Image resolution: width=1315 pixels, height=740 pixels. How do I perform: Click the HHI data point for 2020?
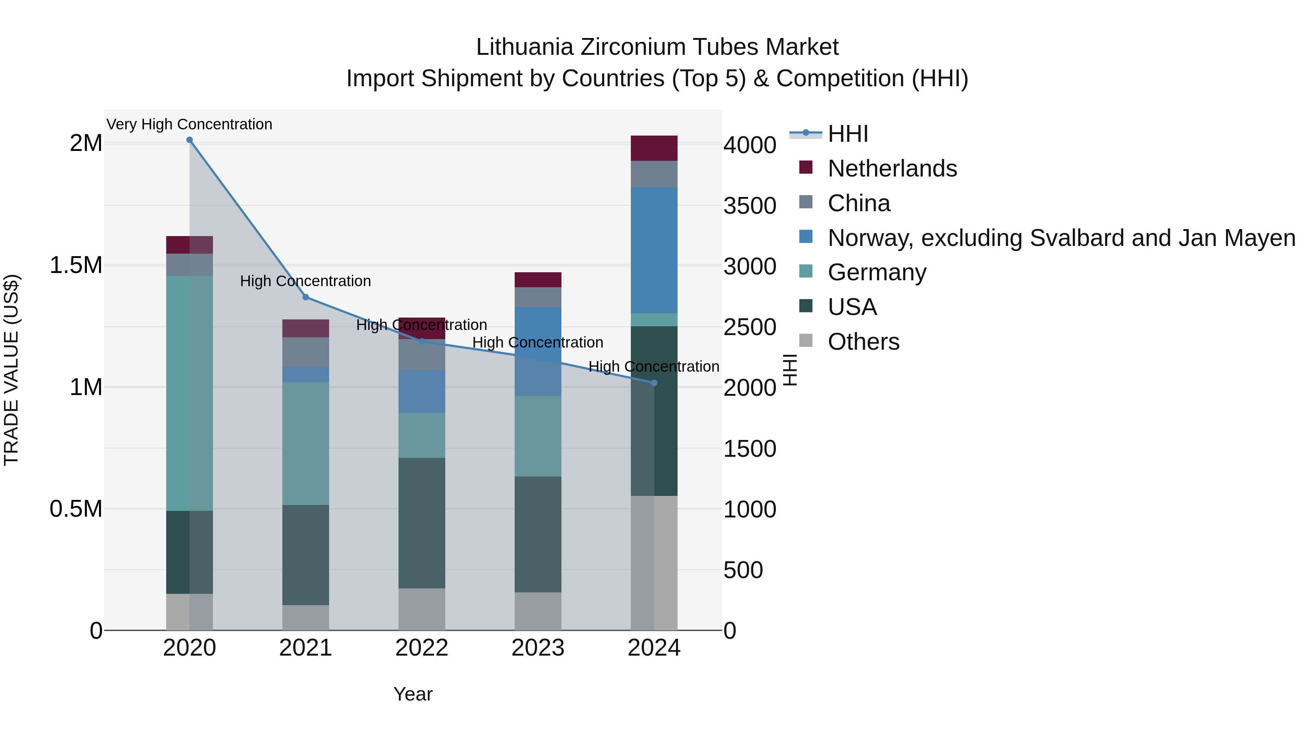click(x=189, y=140)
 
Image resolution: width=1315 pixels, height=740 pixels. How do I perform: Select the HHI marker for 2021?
click(x=306, y=297)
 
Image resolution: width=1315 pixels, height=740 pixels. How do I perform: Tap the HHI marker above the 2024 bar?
click(x=654, y=383)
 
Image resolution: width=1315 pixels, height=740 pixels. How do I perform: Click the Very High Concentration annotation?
click(x=189, y=125)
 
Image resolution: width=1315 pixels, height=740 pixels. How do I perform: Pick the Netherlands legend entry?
click(x=892, y=168)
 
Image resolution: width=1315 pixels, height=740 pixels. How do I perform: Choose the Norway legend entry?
click(x=1061, y=238)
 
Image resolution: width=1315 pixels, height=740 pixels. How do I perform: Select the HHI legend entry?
click(x=847, y=134)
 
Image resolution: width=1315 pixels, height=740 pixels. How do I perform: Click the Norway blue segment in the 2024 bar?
click(x=654, y=250)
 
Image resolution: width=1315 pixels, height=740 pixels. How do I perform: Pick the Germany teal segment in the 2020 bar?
click(x=189, y=393)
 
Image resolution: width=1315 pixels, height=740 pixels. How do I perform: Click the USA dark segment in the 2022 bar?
click(x=422, y=523)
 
